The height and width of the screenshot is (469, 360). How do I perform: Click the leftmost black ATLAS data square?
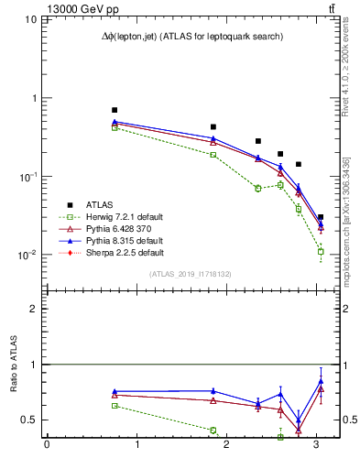(x=115, y=110)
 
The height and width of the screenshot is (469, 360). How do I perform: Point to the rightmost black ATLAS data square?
(x=321, y=217)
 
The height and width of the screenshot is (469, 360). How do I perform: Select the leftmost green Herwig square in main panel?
(x=115, y=127)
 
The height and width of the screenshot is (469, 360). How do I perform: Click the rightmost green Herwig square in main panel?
(x=321, y=251)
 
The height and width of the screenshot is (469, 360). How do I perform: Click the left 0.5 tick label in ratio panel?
(x=32, y=420)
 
